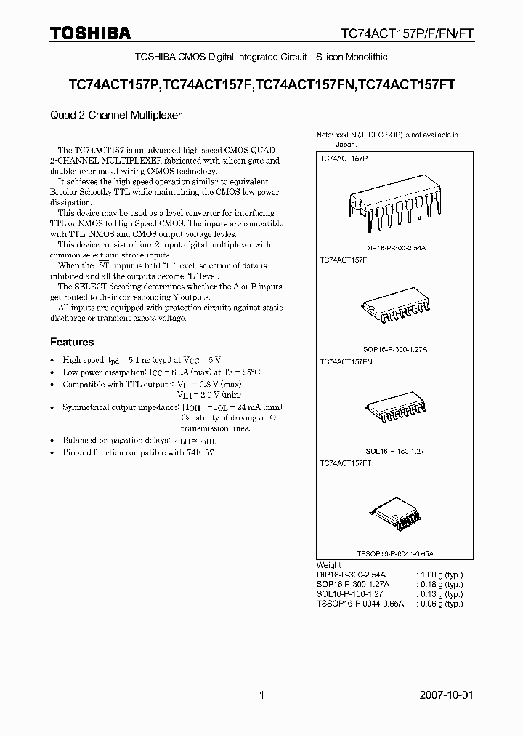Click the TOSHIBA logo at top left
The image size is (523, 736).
click(90, 33)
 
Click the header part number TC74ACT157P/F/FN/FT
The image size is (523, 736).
click(408, 33)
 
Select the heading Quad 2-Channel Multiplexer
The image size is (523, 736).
click(115, 115)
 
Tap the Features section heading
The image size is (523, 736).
click(72, 342)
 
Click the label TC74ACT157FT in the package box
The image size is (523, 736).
click(346, 463)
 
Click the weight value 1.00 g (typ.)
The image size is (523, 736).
click(440, 575)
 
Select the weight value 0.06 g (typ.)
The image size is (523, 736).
click(440, 604)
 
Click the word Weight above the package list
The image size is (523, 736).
click(329, 565)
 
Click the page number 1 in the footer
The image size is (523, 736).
click(261, 695)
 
